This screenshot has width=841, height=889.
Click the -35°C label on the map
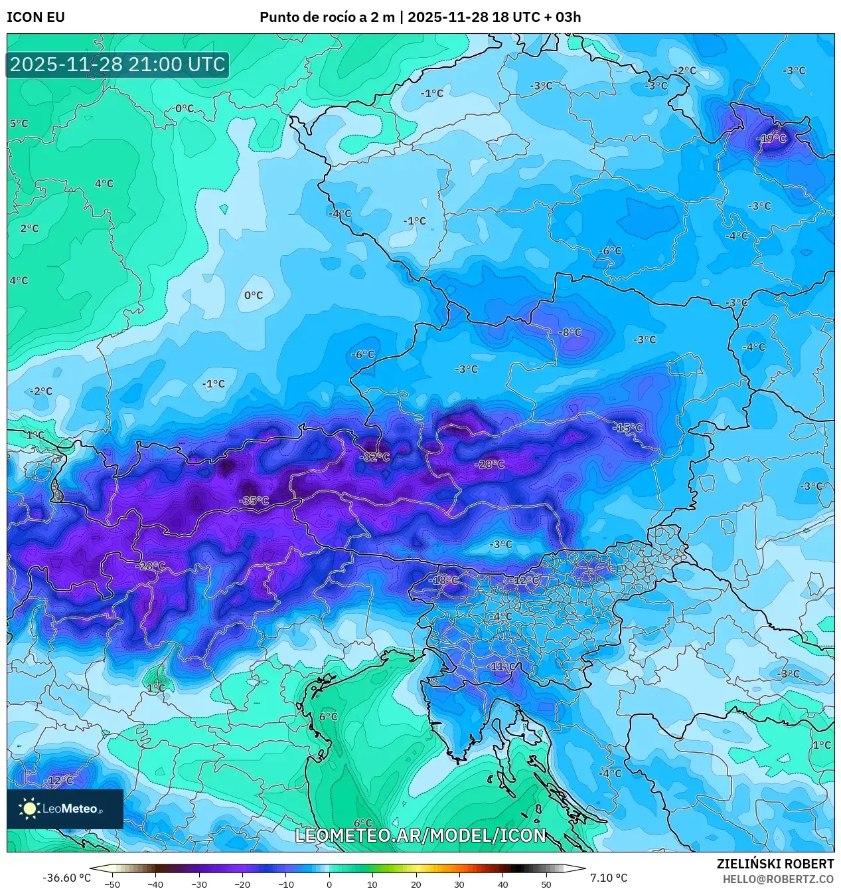pos(254,501)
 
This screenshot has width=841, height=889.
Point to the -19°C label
pos(771,138)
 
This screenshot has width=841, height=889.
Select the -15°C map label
pos(627,428)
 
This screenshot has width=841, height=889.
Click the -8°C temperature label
pos(570,332)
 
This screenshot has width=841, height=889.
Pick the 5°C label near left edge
pos(19,124)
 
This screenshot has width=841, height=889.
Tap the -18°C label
pos(445,580)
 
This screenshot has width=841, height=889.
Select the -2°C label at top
pos(684,70)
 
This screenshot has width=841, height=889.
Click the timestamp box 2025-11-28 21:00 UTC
pos(117,64)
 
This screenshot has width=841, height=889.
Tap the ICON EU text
pos(36,17)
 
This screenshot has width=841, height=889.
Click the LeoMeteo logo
pos(64,809)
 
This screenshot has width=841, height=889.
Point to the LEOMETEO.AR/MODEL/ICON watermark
pos(420,835)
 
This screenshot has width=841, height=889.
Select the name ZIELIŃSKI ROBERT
pos(775,864)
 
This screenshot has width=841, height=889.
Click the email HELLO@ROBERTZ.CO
pos(778,878)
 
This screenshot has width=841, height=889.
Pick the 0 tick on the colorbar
pos(329,884)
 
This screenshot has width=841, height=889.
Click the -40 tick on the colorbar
pos(155,884)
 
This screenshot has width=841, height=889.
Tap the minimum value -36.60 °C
pos(66,878)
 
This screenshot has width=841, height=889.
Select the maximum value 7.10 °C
pos(608,878)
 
